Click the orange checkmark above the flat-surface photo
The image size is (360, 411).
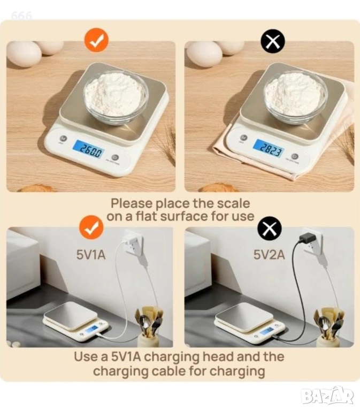tap(96, 41)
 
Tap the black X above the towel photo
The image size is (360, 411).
tap(273, 41)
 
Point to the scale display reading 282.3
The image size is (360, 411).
tap(269, 148)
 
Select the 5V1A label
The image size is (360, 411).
tap(91, 255)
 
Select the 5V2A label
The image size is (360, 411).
tap(269, 255)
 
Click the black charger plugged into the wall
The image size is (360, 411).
tap(306, 238)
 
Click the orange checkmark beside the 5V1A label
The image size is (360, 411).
tap(91, 227)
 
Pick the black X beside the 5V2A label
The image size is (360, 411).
tap(270, 228)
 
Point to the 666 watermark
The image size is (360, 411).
tap(21, 16)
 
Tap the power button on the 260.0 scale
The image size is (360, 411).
tap(116, 157)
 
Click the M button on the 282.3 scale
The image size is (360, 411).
tap(244, 138)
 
